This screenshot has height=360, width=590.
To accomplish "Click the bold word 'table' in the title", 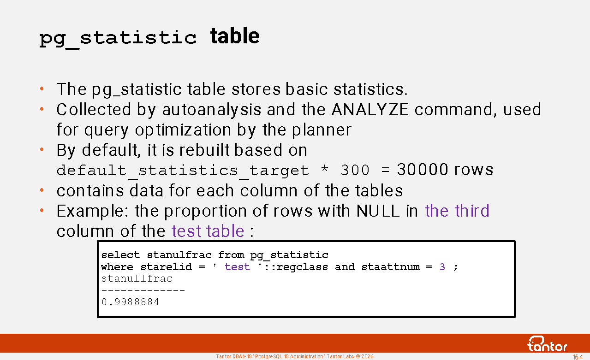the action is pyautogui.click(x=235, y=36).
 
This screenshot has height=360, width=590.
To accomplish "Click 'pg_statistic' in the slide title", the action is pyautogui.click(x=118, y=38).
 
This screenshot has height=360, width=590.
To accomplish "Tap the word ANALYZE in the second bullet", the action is pyautogui.click(x=370, y=109).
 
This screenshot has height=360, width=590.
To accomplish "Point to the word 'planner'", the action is pyautogui.click(x=322, y=130).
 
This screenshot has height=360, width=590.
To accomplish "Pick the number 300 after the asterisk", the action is pyautogui.click(x=355, y=170).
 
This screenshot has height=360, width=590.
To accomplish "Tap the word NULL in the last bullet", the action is pyautogui.click(x=378, y=211).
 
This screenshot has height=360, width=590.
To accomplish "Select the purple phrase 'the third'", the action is pyautogui.click(x=457, y=211).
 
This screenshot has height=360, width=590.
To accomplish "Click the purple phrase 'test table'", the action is pyautogui.click(x=208, y=231).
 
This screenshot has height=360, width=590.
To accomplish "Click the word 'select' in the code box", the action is pyautogui.click(x=120, y=255).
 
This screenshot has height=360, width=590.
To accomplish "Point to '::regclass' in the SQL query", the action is pyautogui.click(x=296, y=267).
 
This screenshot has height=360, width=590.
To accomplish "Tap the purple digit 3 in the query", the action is pyautogui.click(x=442, y=267).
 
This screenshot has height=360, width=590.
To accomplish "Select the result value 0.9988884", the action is pyautogui.click(x=131, y=302).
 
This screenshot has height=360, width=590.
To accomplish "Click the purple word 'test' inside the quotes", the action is pyautogui.click(x=237, y=267).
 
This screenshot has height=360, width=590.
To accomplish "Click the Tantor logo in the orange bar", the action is pyautogui.click(x=547, y=344).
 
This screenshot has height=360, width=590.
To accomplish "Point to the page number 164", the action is pyautogui.click(x=578, y=357).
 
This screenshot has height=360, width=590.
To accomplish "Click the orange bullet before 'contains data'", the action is pyautogui.click(x=42, y=190).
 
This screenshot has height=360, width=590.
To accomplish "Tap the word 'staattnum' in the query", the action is pyautogui.click(x=391, y=267).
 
